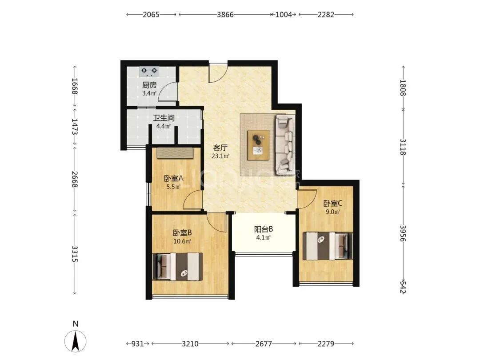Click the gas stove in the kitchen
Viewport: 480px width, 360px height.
149,72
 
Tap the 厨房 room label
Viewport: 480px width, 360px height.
149,85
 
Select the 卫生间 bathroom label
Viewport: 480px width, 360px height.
164,118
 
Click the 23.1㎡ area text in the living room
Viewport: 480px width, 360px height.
220,156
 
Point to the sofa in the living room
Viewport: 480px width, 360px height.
286,144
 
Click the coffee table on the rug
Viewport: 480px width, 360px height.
259,145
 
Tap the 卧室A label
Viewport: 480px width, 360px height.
174,178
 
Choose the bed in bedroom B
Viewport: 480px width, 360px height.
177,267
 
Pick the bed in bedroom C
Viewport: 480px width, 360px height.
328,246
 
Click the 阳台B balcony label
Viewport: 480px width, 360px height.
264,229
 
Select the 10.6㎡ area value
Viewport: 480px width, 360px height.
183,241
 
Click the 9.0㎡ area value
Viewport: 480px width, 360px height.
333,212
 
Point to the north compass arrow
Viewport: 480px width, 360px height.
75,341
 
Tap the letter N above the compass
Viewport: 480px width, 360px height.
76,324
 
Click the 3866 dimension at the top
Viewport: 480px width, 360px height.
225,14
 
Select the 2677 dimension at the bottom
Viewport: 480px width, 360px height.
264,344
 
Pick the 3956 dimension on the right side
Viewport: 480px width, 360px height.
403,233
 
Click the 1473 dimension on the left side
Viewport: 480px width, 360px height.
75,126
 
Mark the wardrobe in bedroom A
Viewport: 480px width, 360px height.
175,153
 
